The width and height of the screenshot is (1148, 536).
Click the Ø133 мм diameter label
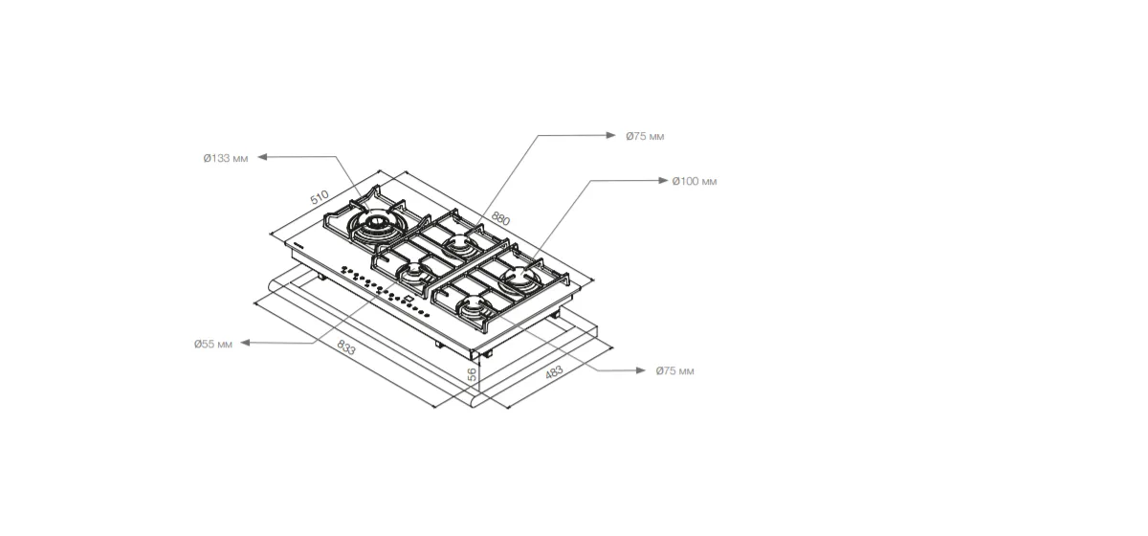point(226,158)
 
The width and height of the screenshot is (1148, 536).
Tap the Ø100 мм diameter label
point(695,181)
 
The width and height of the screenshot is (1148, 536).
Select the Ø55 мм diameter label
point(213,344)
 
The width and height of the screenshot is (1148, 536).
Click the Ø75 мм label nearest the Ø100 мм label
point(645,136)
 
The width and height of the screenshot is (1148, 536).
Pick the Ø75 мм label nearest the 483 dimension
point(675,370)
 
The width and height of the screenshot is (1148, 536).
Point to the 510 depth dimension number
point(320,197)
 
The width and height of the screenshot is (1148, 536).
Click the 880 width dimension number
point(500,218)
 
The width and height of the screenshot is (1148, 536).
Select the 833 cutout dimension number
point(346,347)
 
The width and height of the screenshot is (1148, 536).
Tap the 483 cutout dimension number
point(554,372)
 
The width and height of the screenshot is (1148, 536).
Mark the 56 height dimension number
point(472,374)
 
